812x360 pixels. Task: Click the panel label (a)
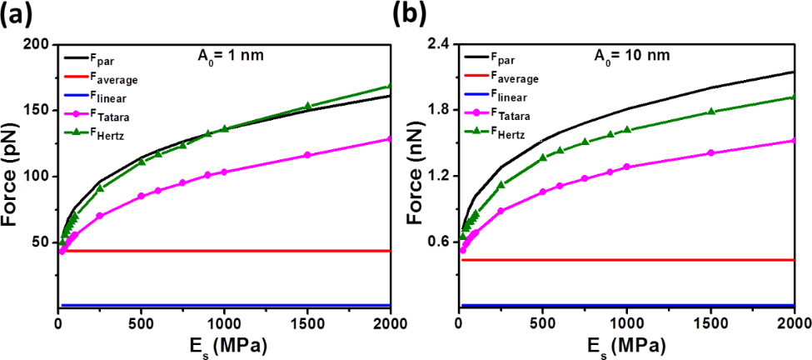[x=21, y=15]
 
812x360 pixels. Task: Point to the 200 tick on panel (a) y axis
[x=37, y=44]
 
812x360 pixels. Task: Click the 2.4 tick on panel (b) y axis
[x=441, y=44]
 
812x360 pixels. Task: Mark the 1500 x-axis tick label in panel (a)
[x=307, y=323]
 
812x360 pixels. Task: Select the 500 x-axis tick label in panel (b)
[x=543, y=323]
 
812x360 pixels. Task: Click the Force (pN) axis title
[x=12, y=177]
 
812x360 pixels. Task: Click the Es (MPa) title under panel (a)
[x=223, y=345]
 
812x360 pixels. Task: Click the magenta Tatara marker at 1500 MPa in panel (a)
[x=307, y=155]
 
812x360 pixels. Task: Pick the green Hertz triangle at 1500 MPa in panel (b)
[x=710, y=111]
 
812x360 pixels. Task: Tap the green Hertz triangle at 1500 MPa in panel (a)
[x=307, y=106]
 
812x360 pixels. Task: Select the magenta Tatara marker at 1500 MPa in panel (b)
[x=710, y=152]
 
